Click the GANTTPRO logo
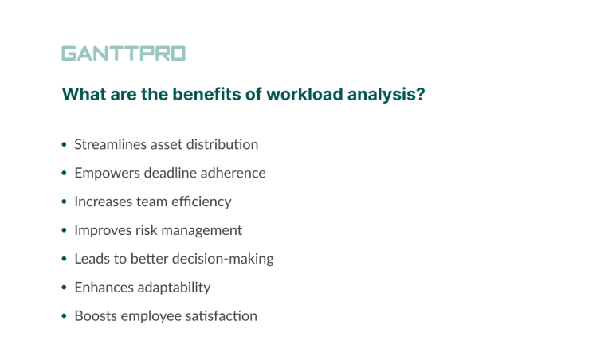coord(124,54)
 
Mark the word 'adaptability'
coord(174,288)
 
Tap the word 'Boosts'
coord(94,316)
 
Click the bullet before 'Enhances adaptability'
coord(64,288)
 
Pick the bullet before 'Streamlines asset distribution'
coord(64,146)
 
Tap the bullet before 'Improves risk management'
coord(64,231)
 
